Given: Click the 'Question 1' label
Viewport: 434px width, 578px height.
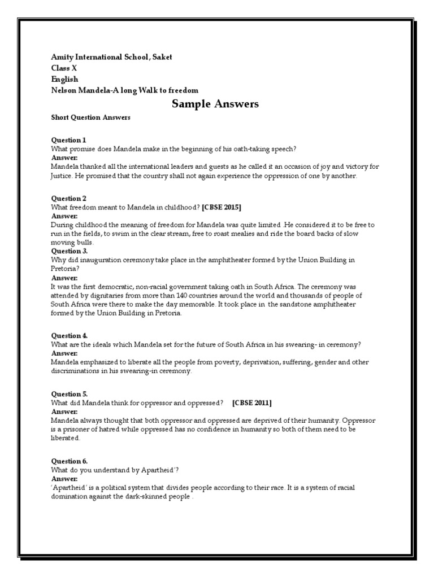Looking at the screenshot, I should tap(68, 140).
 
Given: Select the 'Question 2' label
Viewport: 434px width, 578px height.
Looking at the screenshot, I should tap(68, 199).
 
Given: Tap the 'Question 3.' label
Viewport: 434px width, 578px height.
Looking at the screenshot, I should tap(70, 251).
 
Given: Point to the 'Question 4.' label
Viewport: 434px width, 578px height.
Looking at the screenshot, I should tap(70, 335).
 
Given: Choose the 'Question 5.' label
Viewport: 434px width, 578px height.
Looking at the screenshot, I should tap(70, 394).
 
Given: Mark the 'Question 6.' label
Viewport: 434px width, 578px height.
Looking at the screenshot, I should tap(70, 461).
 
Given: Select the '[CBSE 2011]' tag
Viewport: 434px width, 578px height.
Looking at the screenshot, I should tap(251, 402).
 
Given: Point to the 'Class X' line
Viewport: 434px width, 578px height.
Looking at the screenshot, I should tap(64, 68).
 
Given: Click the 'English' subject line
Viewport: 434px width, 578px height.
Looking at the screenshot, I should tap(64, 79).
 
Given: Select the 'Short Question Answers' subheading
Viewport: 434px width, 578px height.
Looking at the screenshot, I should tap(90, 117).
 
